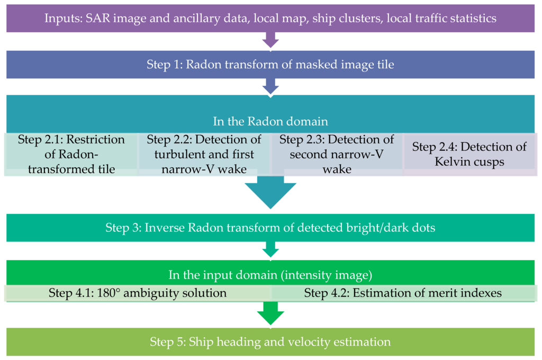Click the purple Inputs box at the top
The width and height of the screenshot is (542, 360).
tap(270, 19)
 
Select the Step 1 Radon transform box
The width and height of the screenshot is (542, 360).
tap(270, 65)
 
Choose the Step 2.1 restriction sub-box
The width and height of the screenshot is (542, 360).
tap(71, 154)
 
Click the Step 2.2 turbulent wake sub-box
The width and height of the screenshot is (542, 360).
tap(204, 154)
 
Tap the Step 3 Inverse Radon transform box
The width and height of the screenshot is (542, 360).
tap(270, 228)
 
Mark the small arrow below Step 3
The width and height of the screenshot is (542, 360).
tap(270, 249)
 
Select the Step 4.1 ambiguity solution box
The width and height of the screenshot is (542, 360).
tap(138, 293)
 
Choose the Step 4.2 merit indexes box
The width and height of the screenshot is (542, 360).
tap(403, 293)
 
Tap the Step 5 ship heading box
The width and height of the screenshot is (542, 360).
tap(270, 341)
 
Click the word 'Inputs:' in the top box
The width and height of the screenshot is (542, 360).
tap(62, 19)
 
